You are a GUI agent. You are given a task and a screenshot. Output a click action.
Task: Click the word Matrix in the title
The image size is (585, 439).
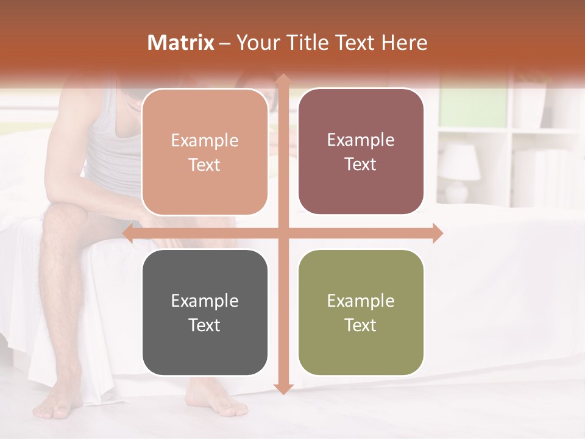pos(181,43)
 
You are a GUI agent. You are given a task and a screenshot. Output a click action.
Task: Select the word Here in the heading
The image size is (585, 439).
pos(405,43)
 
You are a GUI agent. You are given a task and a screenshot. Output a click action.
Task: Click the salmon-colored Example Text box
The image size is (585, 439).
pos(205,152)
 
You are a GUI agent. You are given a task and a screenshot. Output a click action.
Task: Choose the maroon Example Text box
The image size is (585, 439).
pos(361,152)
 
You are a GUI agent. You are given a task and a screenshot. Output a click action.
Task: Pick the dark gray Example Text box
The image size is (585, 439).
pos(205,313)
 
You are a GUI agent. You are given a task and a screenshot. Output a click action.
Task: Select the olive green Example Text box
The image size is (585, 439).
pos(361,313)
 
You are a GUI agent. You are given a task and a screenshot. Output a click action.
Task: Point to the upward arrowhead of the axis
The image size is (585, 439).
pos(283,80)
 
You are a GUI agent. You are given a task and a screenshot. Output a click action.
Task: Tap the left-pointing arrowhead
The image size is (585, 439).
pos(129,234)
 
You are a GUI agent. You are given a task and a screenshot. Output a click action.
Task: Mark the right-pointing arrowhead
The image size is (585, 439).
pos(437,234)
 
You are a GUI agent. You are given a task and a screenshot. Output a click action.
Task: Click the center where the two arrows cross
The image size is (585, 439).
pos(283,234)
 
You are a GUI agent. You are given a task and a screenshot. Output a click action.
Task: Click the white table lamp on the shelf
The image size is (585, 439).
pos(459,171)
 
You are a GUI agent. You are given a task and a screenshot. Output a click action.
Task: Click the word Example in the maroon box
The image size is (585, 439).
pos(361,140)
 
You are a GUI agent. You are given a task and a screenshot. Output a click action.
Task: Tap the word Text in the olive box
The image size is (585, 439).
pos(361,325)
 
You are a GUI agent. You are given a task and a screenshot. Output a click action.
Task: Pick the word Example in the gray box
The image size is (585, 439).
pos(205,301)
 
